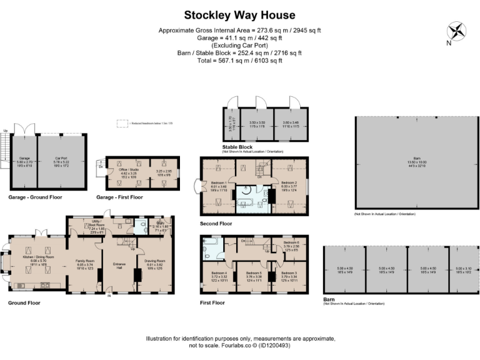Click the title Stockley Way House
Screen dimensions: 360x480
coord(239,14)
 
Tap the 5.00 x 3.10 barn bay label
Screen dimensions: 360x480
coord(463,270)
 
